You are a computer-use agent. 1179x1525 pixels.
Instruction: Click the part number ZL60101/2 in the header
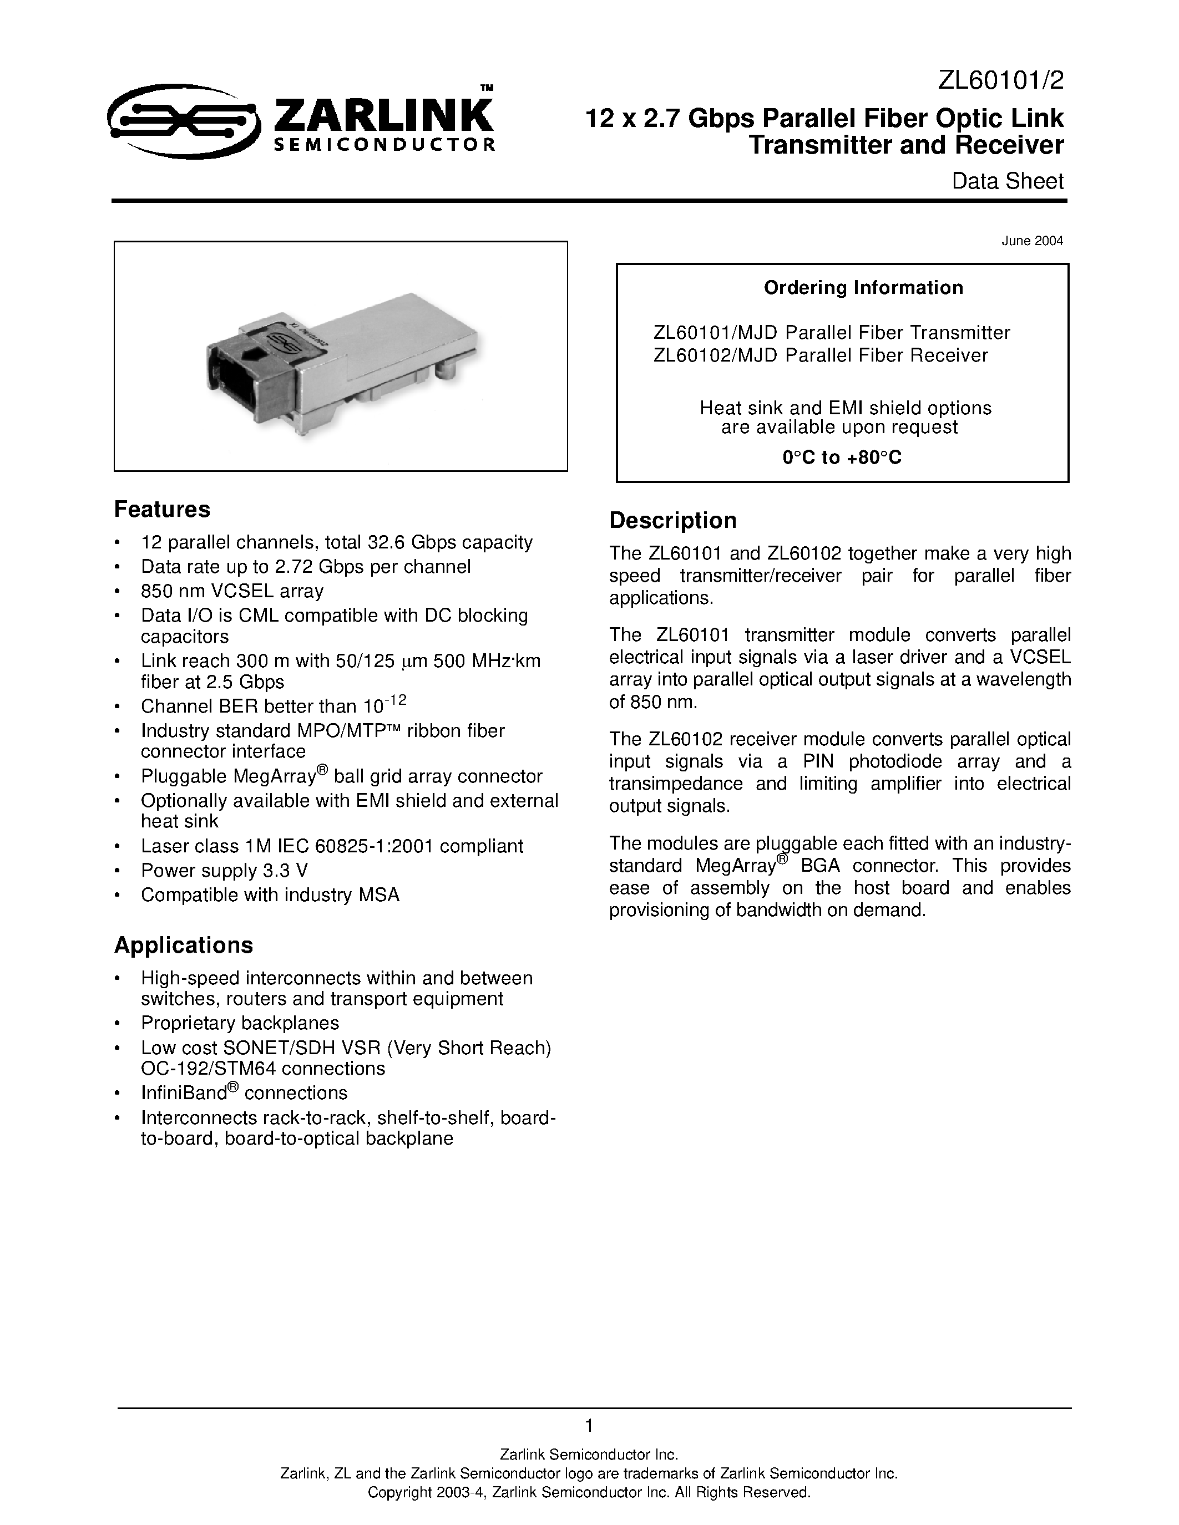(1000, 82)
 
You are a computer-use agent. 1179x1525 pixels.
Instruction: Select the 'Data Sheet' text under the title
(1007, 181)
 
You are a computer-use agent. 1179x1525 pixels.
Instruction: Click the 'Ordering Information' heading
(863, 288)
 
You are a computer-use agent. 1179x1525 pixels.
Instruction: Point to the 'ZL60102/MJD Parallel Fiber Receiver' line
(820, 355)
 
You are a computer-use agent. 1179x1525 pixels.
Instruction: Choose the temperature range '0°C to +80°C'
(842, 458)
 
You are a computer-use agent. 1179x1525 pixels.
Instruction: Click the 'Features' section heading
(162, 510)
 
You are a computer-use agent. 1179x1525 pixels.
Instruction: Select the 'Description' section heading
(672, 521)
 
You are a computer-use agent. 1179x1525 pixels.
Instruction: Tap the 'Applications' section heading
(183, 945)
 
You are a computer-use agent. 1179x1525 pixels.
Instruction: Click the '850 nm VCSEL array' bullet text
(232, 592)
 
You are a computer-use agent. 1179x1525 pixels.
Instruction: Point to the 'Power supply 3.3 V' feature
(224, 871)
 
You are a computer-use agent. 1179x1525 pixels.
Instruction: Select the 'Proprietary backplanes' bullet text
(240, 1023)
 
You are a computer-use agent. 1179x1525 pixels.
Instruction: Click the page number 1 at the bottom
(589, 1425)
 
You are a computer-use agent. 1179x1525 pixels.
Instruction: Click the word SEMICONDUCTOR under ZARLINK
(383, 145)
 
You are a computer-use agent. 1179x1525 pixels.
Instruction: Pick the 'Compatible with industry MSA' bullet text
(270, 895)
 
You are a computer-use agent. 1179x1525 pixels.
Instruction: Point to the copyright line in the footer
(589, 1492)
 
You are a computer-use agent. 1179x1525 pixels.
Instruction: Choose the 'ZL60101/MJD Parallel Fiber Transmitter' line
(831, 332)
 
